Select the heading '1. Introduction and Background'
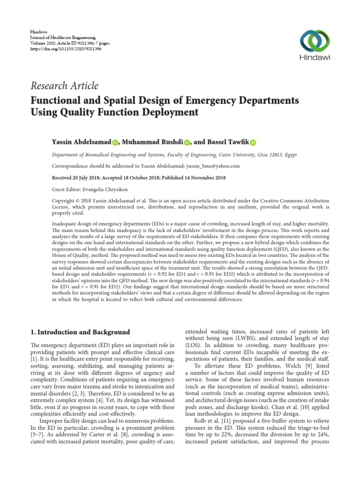pos(80,332)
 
